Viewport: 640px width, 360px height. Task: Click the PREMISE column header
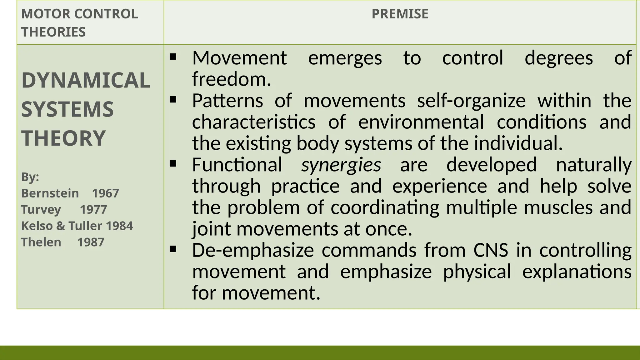pyautogui.click(x=400, y=14)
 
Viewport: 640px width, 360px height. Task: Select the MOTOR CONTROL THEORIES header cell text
pyautogui.click(x=79, y=23)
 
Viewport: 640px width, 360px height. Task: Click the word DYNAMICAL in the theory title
pyautogui.click(x=86, y=80)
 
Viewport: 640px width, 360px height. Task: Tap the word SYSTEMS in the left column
pyautogui.click(x=67, y=109)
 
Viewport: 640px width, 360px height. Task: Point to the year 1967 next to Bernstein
pyautogui.click(x=105, y=193)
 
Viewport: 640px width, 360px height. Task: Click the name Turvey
pyautogui.click(x=41, y=210)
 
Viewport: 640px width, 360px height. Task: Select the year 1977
pyautogui.click(x=93, y=210)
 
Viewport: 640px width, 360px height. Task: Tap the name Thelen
pyautogui.click(x=41, y=242)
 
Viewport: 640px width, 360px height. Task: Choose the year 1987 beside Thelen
pyautogui.click(x=91, y=242)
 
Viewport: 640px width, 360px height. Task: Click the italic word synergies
pyautogui.click(x=341, y=165)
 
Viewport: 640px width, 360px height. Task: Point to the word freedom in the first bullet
pyautogui.click(x=231, y=79)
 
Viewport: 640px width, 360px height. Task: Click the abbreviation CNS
pyautogui.click(x=491, y=250)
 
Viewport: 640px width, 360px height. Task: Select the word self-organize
pyautogui.click(x=471, y=101)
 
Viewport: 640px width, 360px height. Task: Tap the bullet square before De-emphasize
pyautogui.click(x=173, y=249)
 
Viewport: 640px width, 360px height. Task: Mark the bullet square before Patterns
pyautogui.click(x=173, y=100)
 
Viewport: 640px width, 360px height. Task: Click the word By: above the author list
pyautogui.click(x=30, y=177)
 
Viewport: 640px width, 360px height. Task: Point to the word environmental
pyautogui.click(x=421, y=122)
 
